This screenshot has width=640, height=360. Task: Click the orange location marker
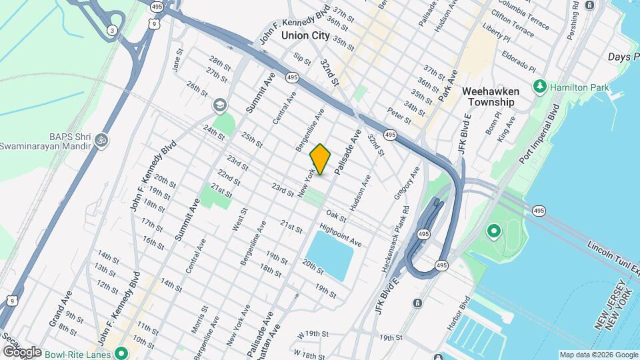321,159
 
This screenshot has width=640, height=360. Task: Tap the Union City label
305,35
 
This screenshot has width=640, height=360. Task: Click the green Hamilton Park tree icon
539,87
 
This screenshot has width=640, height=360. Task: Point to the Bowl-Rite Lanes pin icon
121,353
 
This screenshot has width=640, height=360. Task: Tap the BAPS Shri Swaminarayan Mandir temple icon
101,141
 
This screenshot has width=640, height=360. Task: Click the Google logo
22,352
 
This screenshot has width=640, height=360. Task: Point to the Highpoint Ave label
341,235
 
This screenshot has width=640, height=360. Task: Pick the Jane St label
177,59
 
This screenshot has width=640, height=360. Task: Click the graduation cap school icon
219,106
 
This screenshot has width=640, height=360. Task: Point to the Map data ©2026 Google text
598,355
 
